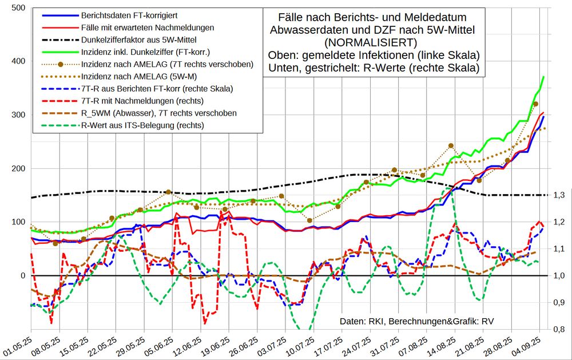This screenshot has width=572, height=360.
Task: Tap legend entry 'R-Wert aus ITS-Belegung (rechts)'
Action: (x=142, y=125)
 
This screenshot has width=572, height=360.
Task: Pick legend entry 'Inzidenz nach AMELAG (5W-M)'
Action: (x=137, y=77)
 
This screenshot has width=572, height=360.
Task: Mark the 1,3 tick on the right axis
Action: (x=559, y=196)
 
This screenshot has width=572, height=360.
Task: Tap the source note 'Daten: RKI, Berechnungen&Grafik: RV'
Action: (x=416, y=321)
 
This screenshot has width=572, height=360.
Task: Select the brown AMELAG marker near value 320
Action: (x=535, y=104)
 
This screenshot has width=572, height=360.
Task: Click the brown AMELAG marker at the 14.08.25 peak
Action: (x=451, y=146)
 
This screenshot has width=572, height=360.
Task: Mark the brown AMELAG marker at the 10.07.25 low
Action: (x=309, y=220)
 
